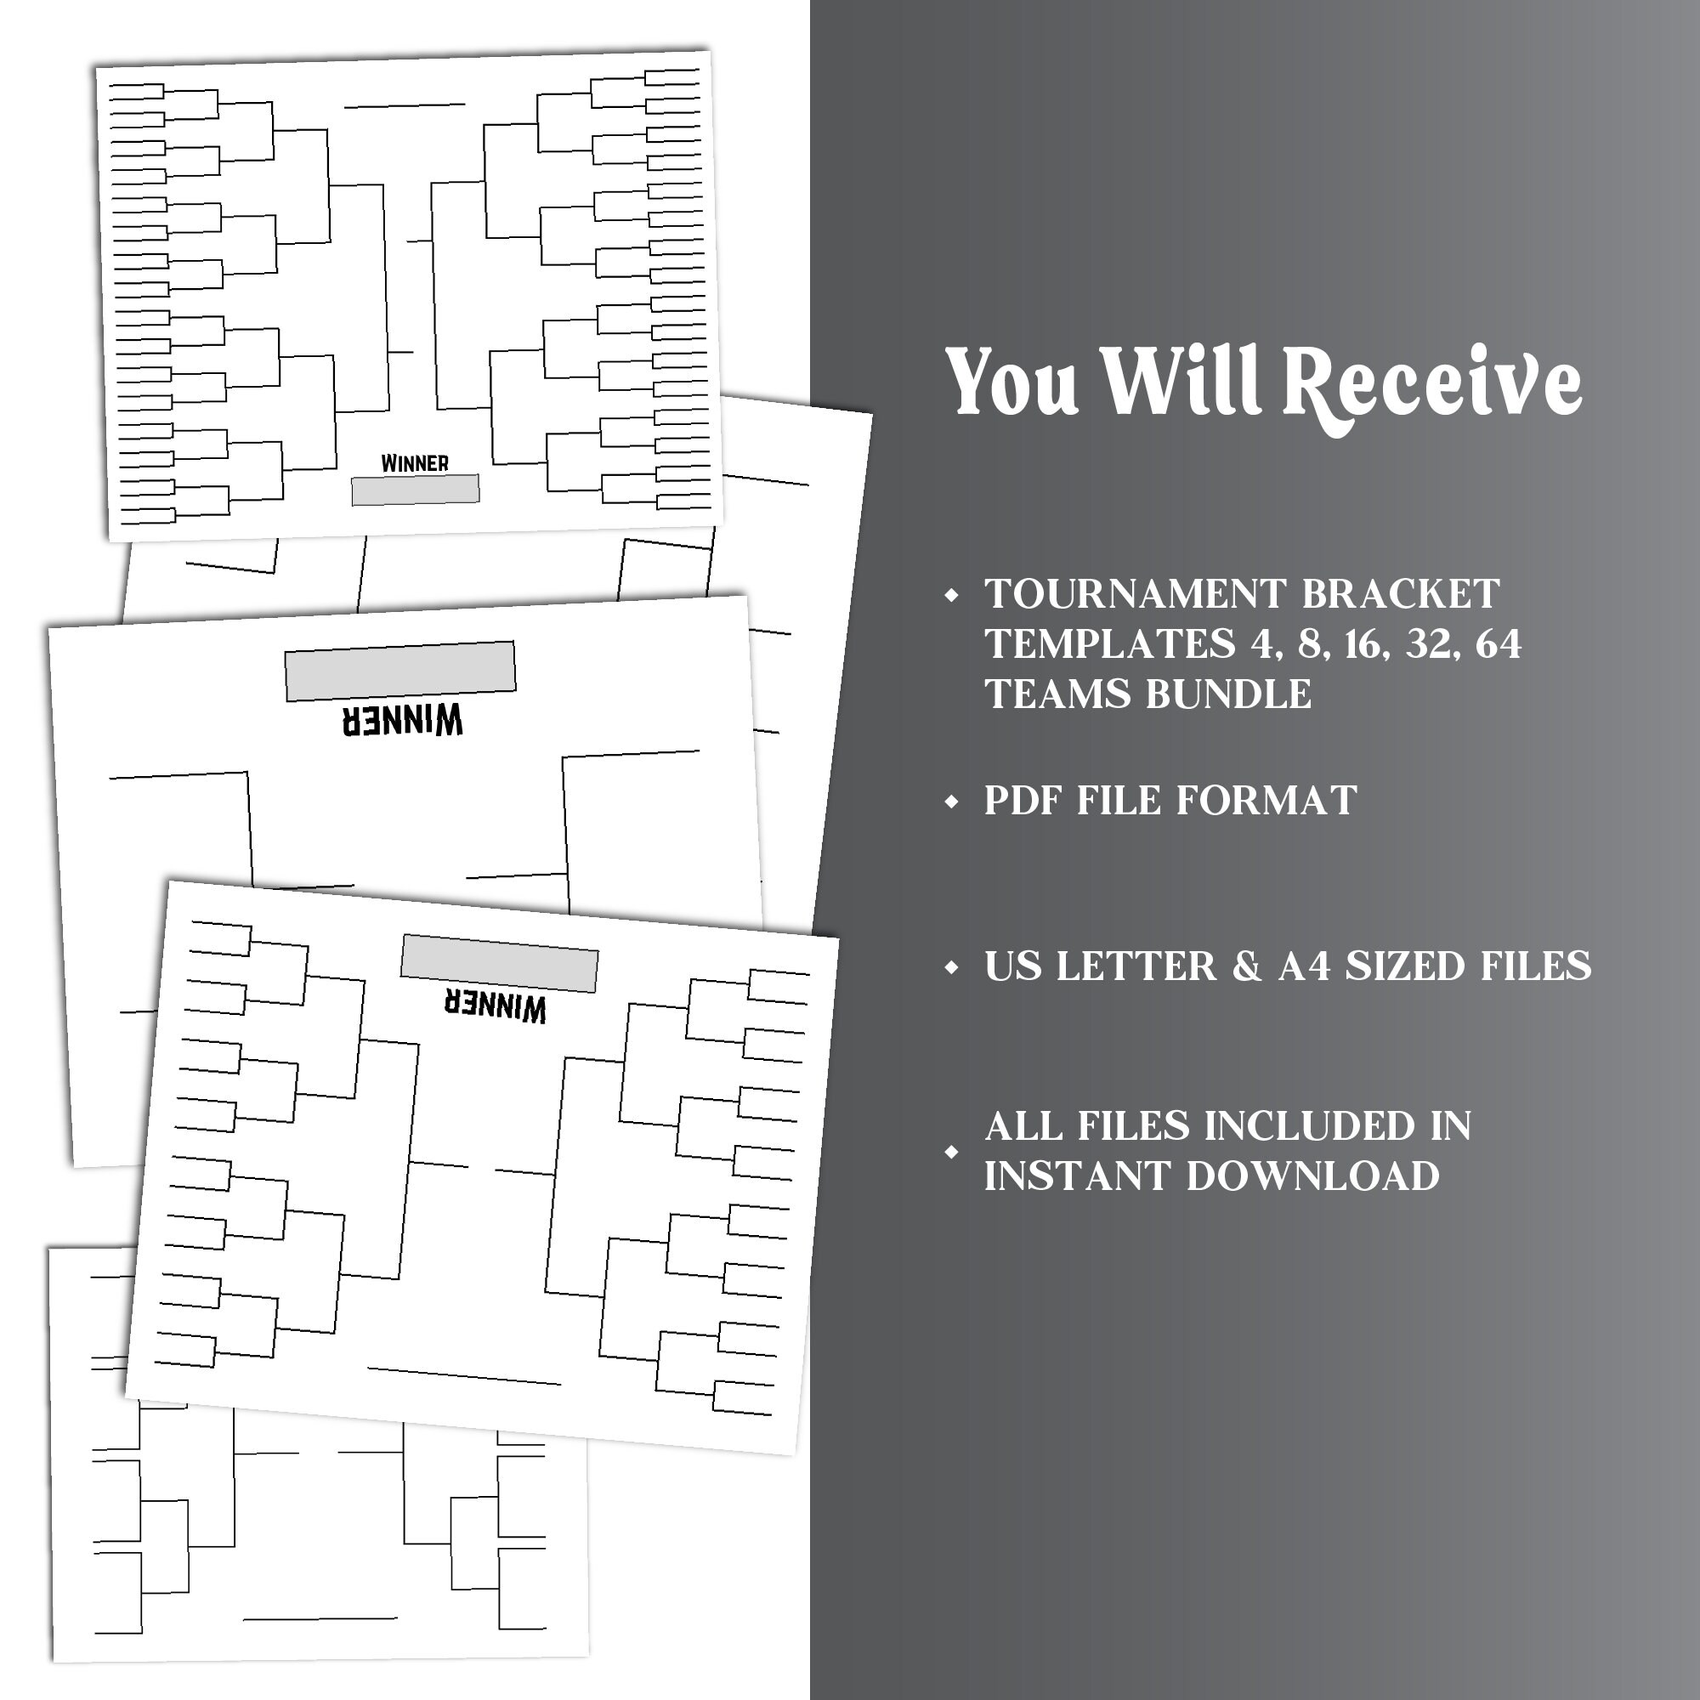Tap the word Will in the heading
[1181, 379]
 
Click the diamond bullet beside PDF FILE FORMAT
[951, 802]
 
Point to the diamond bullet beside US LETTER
[951, 967]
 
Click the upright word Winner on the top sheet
[415, 463]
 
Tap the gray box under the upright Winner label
[416, 490]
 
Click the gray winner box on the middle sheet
[400, 671]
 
